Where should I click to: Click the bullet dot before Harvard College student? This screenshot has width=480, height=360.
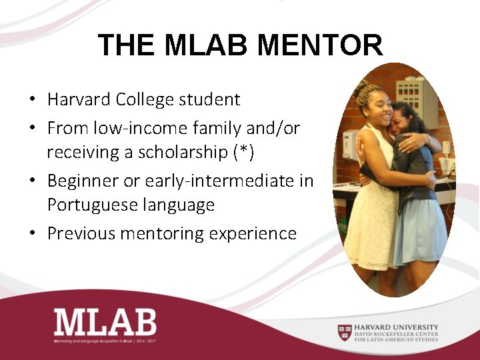[32, 101]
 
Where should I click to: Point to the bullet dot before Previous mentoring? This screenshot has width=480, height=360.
[32, 234]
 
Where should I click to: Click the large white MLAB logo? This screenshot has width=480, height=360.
[105, 322]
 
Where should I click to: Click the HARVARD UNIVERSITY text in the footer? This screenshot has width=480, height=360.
[397, 327]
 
